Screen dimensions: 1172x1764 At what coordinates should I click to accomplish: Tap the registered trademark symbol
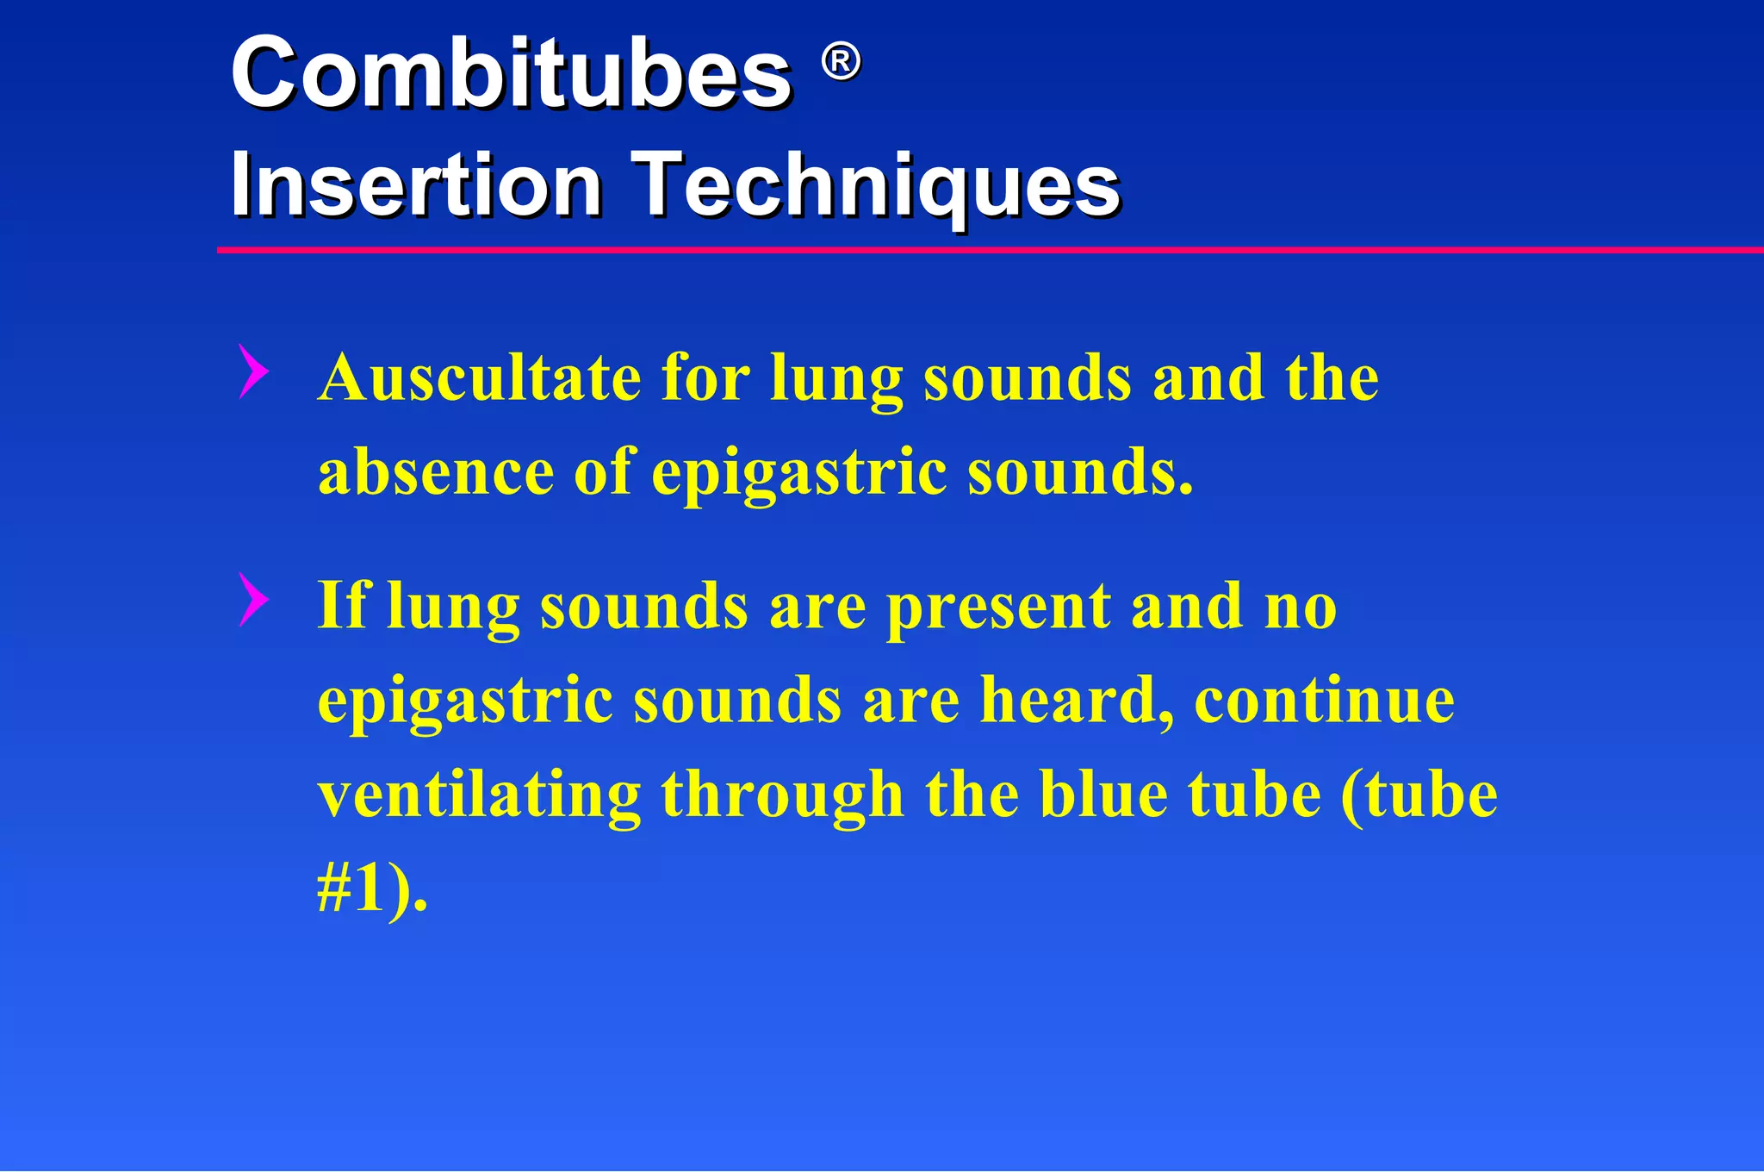[840, 62]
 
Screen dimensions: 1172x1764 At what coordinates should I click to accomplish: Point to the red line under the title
[991, 250]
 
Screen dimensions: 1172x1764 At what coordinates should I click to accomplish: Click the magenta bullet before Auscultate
[252, 371]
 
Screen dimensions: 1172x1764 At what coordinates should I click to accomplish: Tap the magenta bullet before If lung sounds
[252, 599]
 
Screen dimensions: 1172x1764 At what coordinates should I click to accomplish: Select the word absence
[436, 472]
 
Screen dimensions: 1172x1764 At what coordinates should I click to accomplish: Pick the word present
[998, 608]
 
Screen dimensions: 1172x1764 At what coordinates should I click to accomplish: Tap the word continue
[1324, 700]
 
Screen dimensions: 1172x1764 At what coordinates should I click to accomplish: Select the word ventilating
[479, 795]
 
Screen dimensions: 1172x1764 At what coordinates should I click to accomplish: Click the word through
[782, 795]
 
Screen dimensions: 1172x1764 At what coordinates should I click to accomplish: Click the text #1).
[372, 889]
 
